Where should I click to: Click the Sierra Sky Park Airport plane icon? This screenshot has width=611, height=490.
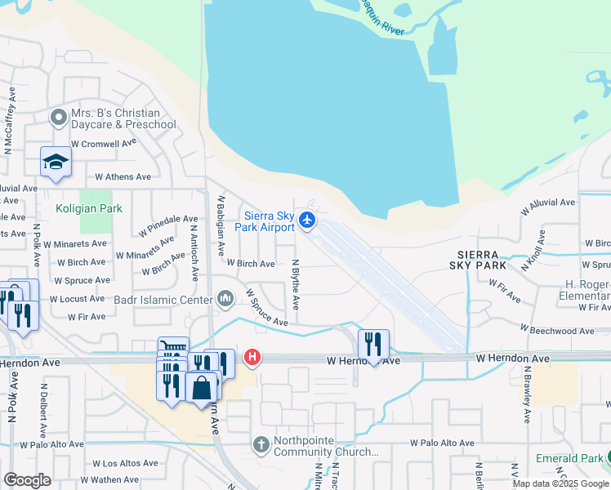pos(307,220)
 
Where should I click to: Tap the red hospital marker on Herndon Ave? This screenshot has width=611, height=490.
pos(253,358)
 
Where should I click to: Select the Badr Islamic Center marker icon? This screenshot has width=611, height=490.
pos(225,299)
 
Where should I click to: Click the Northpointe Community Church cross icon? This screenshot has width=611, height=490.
pos(261,445)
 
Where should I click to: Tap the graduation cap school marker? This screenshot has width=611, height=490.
pos(56,162)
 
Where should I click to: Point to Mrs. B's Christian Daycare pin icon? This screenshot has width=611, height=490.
pos(58,118)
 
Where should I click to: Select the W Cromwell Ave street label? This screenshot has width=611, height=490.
pos(104,144)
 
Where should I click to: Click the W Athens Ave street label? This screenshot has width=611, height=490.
pos(123,176)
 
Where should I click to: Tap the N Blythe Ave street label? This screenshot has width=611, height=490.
pos(296,285)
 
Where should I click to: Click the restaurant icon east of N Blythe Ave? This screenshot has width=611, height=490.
pos(373,344)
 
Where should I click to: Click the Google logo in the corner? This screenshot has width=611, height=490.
pos(27,480)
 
